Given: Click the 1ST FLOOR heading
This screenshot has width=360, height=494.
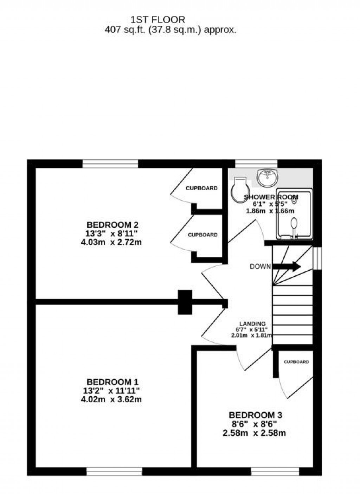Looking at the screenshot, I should pyautogui.click(x=158, y=19).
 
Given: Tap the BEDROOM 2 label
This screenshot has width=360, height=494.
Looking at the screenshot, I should pyautogui.click(x=112, y=225).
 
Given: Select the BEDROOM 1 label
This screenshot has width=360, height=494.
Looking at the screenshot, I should pyautogui.click(x=112, y=382).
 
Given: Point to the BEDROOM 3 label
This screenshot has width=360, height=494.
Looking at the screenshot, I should pyautogui.click(x=255, y=415).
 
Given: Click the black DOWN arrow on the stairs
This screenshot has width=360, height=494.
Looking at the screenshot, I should pyautogui.click(x=287, y=266).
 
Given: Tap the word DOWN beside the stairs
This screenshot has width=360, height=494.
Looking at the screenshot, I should pyautogui.click(x=260, y=267).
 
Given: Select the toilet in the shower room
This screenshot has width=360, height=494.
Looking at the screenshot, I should pyautogui.click(x=241, y=190).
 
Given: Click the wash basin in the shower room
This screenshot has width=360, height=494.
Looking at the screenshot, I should pyautogui.click(x=268, y=178).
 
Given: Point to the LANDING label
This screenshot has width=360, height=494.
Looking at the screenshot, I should pyautogui.click(x=252, y=324).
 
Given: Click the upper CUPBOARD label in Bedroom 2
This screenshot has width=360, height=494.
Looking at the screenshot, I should pyautogui.click(x=201, y=188).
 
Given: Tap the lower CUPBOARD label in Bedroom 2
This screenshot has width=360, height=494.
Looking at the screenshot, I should pyautogui.click(x=202, y=235).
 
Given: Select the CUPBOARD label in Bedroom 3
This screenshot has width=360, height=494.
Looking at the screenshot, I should pyautogui.click(x=296, y=362).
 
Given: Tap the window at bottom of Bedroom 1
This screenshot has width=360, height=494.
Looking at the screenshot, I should pyautogui.click(x=114, y=471).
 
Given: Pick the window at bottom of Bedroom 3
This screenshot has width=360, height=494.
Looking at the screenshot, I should pyautogui.click(x=275, y=471).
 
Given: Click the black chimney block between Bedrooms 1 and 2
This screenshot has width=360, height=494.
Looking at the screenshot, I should pyautogui.click(x=185, y=302).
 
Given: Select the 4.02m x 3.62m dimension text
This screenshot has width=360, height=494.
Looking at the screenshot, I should pyautogui.click(x=111, y=399).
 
